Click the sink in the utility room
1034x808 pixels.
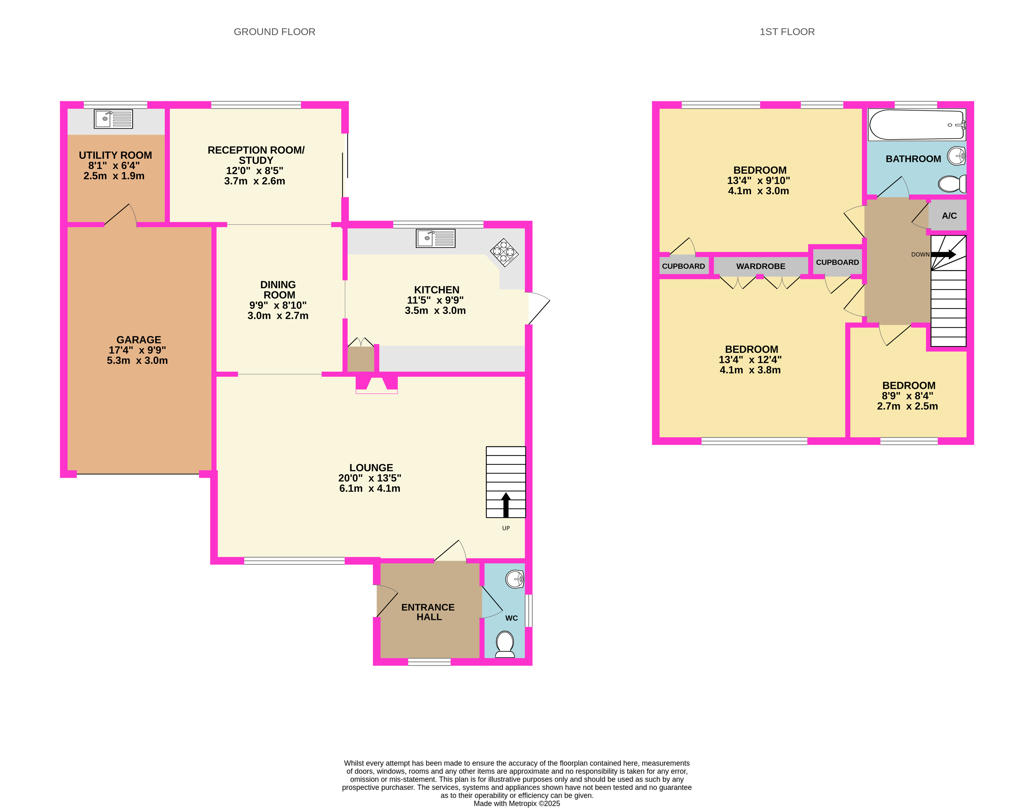pos(114,119)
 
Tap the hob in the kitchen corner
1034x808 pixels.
pos(504,253)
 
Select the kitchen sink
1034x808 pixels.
pos(435,238)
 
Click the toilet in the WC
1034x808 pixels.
pos(505,644)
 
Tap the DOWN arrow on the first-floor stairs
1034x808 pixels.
pos(943,254)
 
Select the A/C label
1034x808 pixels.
pos(949,216)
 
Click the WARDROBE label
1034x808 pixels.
pos(760,266)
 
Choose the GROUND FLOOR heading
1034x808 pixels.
pos(274,32)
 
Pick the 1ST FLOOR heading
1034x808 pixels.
pos(787,32)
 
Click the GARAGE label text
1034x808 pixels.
pos(139,340)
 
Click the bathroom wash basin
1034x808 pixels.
pos(956,156)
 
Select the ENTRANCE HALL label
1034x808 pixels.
pos(428,612)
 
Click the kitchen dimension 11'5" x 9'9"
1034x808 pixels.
pos(435,300)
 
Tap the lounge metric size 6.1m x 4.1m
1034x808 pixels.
pos(370,488)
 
